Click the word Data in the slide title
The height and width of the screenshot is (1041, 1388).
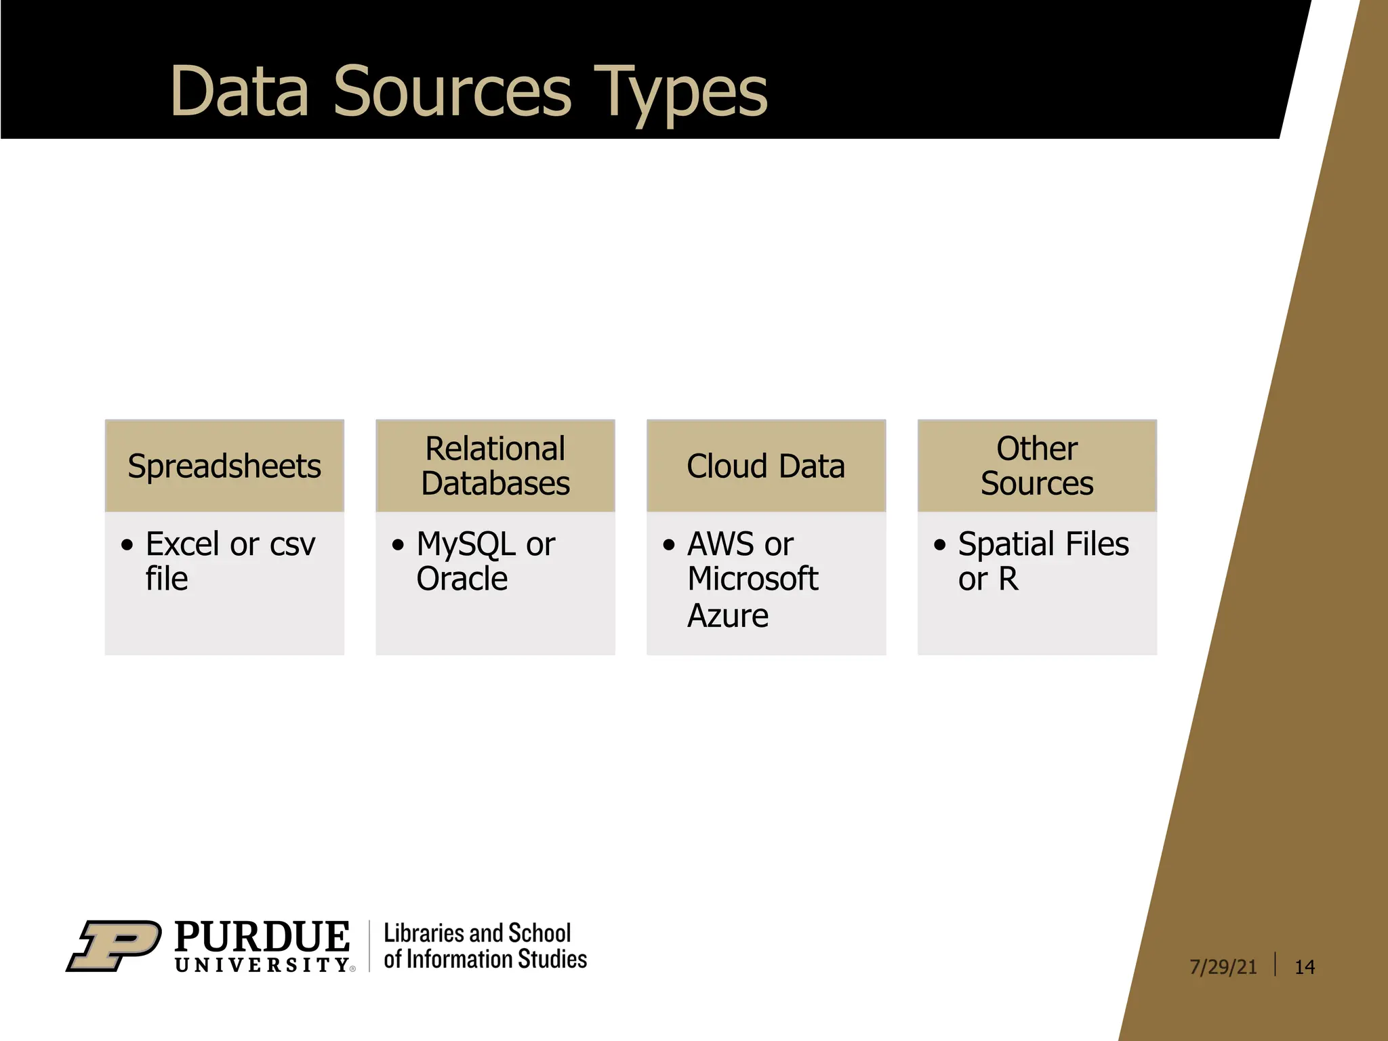(x=239, y=91)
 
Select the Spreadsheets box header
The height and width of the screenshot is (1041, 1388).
(x=224, y=466)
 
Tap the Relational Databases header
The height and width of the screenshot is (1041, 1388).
(x=495, y=466)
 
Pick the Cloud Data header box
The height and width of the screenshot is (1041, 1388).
(x=766, y=466)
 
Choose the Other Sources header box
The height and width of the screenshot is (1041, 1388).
(x=1037, y=466)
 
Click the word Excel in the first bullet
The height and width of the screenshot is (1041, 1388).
(x=182, y=544)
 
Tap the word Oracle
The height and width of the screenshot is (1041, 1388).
(x=462, y=579)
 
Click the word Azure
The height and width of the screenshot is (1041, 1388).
(x=728, y=616)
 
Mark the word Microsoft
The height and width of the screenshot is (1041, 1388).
(x=752, y=579)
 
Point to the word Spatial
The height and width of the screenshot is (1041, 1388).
(x=1006, y=544)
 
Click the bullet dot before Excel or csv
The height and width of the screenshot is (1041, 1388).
(x=127, y=545)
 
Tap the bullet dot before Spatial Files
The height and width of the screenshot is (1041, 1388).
(x=939, y=545)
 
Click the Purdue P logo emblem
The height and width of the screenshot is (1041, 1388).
(x=114, y=945)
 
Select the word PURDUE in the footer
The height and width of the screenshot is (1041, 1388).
(x=262, y=937)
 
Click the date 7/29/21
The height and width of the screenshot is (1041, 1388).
(x=1223, y=967)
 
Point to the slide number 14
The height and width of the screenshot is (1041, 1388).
(x=1305, y=967)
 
